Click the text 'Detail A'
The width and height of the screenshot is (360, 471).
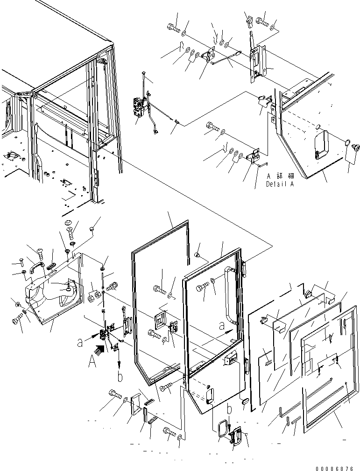click(281, 184)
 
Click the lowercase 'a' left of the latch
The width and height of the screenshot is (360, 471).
click(80, 343)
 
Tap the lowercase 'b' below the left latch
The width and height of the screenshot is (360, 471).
click(120, 377)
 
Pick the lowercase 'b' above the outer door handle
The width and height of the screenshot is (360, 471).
click(229, 410)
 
